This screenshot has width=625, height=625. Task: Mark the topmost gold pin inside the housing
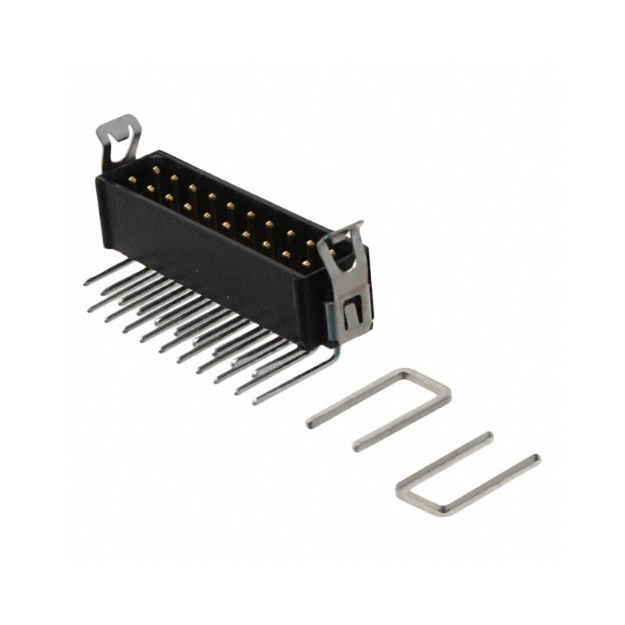(156, 170)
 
